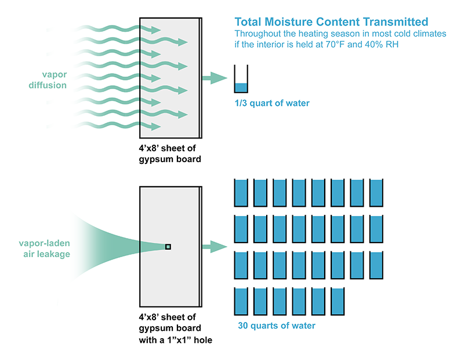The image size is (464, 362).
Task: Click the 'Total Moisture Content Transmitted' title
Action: click(x=331, y=22)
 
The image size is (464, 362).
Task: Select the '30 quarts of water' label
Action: click(x=277, y=326)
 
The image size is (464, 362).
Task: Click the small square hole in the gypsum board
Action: click(x=168, y=247)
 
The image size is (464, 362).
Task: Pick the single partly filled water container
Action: click(x=241, y=79)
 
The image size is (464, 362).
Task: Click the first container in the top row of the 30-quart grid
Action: click(x=241, y=193)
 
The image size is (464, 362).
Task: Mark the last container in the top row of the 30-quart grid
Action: click(x=376, y=193)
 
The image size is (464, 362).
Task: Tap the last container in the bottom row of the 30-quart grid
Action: click(x=338, y=301)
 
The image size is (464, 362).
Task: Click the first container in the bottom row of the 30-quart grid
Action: click(x=241, y=301)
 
